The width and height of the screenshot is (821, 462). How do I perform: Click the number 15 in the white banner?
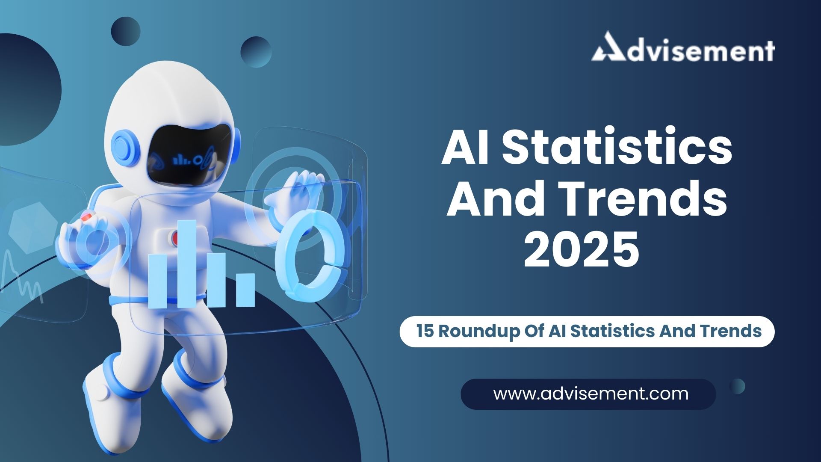click(425, 331)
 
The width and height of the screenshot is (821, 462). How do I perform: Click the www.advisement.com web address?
click(591, 394)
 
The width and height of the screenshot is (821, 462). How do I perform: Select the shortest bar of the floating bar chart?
click(245, 290)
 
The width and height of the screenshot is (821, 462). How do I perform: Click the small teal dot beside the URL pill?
click(737, 386)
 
